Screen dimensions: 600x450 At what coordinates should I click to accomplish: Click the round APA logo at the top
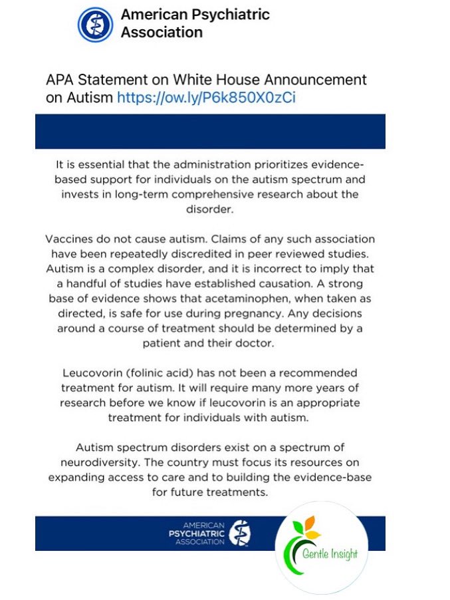[94, 25]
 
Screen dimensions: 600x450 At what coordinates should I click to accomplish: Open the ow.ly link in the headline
[206, 98]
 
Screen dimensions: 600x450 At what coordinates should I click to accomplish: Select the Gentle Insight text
[330, 553]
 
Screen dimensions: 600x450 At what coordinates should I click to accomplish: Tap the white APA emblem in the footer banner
[239, 533]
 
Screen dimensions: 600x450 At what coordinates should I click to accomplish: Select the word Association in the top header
[162, 32]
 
